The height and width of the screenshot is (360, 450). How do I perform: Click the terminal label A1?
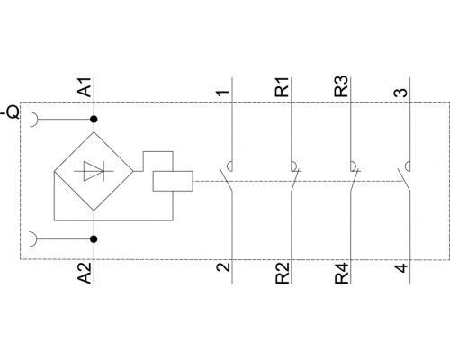pyautogui.click(x=85, y=87)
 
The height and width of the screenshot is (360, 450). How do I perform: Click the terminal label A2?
pyautogui.click(x=85, y=273)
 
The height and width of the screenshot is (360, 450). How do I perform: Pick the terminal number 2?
pyautogui.click(x=223, y=266)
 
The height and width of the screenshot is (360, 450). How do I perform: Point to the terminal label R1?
pyautogui.click(x=283, y=87)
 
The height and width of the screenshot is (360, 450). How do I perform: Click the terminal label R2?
pyautogui.click(x=283, y=273)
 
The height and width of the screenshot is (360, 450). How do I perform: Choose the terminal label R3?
pyautogui.click(x=342, y=87)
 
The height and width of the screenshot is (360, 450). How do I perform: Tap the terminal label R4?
pyautogui.click(x=342, y=273)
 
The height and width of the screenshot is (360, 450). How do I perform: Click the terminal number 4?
pyautogui.click(x=400, y=267)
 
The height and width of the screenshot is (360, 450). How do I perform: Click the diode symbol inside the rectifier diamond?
pyautogui.click(x=94, y=171)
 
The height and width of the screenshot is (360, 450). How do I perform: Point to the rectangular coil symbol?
pyautogui.click(x=173, y=181)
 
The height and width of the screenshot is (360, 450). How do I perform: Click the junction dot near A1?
pyautogui.click(x=94, y=120)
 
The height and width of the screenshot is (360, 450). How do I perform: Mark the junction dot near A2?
pyautogui.click(x=94, y=239)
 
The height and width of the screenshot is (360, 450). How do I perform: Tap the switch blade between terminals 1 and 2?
pyautogui.click(x=226, y=180)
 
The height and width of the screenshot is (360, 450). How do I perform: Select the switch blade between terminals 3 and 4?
pyautogui.click(x=404, y=180)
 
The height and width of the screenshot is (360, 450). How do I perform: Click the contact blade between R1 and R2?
pyautogui.click(x=294, y=180)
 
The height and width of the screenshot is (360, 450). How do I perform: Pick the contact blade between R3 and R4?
pyautogui.click(x=354, y=180)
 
